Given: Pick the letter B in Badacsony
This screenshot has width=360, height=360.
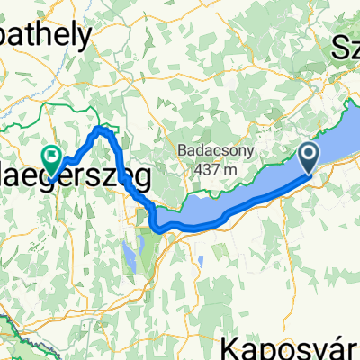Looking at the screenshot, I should [183, 150].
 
